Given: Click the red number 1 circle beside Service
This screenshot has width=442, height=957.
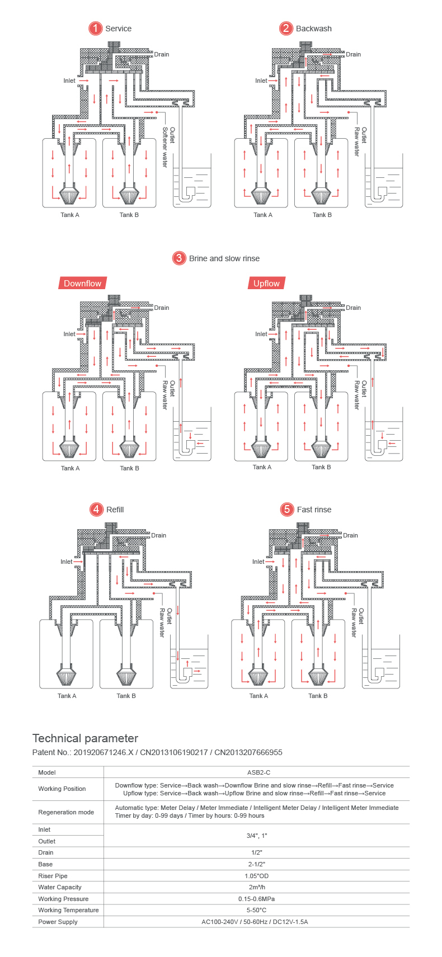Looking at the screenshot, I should [x=96, y=29].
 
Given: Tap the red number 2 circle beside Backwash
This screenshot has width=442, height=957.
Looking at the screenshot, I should [x=286, y=29].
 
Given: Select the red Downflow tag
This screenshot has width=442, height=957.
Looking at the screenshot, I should [x=82, y=284].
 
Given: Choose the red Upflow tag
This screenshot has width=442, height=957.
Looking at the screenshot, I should [x=266, y=284].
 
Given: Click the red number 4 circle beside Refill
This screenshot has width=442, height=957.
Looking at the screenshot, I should [x=97, y=510].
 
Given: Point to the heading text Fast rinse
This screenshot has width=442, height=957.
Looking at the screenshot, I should [x=314, y=510].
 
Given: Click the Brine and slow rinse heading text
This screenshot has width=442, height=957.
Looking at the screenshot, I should [x=224, y=258].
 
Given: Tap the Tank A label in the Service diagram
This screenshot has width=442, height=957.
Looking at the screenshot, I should [x=70, y=215].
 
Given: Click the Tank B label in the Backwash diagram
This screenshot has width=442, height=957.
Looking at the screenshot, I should [x=322, y=215].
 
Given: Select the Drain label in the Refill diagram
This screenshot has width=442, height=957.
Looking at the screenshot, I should [x=159, y=535].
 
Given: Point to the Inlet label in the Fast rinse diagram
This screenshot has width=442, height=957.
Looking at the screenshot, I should [x=258, y=562].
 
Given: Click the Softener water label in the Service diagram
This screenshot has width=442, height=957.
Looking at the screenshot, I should [x=164, y=147].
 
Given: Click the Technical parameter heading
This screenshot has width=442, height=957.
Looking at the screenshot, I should [x=85, y=738].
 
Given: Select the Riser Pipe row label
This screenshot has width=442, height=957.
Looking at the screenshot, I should [x=53, y=876].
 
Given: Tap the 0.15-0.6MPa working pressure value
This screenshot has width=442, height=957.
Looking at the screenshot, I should [x=256, y=899].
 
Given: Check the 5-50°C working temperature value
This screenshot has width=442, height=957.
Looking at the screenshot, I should [x=256, y=910].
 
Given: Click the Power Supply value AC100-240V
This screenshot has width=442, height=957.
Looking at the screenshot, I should [x=255, y=922].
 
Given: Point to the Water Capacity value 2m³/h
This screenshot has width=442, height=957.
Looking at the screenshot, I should [x=256, y=887].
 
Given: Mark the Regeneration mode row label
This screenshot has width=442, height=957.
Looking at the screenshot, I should [x=66, y=812].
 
